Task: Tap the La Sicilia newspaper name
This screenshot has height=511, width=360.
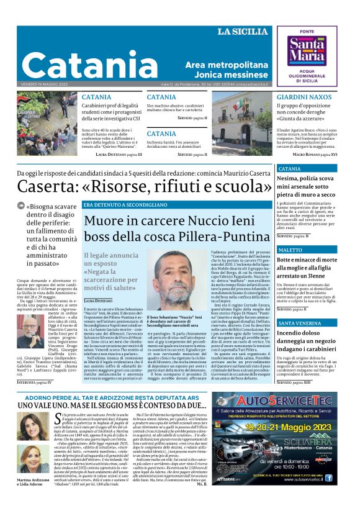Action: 244,32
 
